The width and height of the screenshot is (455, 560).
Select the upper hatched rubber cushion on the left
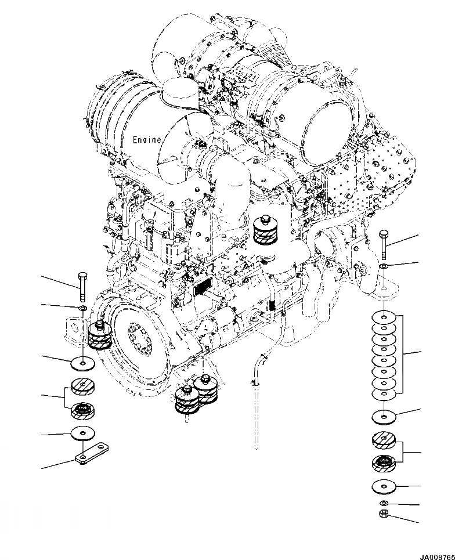click(84, 386)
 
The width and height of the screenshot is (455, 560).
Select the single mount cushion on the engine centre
click(268, 230)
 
